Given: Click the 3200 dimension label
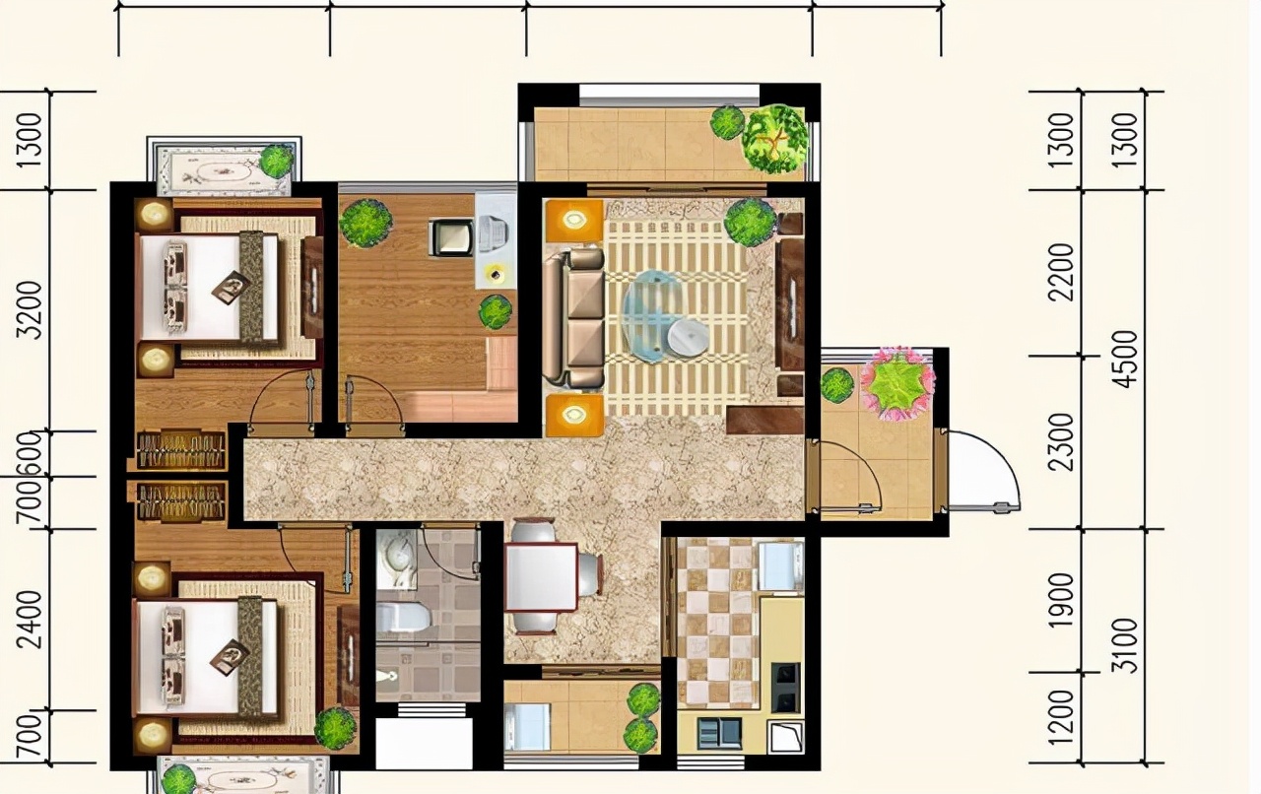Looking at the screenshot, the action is [30, 310].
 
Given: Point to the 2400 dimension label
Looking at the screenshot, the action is [30, 620].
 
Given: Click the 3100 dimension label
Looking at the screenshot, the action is [1126, 646].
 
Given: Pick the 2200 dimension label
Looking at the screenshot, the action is [1062, 273].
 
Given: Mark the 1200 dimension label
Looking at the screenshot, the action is [1062, 717].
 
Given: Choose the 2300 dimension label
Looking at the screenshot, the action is [1062, 442].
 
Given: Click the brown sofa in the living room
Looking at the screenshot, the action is [573, 319].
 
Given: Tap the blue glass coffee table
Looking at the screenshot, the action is [653, 315].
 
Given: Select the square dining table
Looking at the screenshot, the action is [542, 577].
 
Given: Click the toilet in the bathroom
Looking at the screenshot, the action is [403, 617].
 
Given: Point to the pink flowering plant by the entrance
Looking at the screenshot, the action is [897, 384].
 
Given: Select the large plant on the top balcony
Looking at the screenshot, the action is [774, 139].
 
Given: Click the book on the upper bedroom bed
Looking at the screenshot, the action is [232, 288].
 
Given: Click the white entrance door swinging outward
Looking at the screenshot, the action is [984, 472].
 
